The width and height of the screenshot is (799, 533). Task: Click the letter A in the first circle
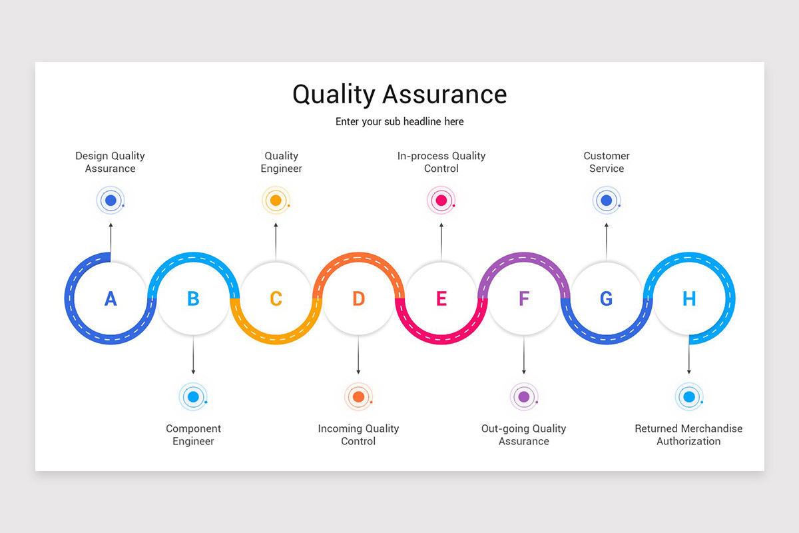111,298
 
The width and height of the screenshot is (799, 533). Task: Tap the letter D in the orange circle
358,298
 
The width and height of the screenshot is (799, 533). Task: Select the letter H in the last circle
689,298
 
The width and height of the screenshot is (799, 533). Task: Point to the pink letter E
441,298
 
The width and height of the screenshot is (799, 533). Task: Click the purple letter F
524,298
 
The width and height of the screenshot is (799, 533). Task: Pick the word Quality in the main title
334,95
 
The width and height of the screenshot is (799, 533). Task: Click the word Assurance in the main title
445,95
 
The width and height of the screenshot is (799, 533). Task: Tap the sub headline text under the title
400,121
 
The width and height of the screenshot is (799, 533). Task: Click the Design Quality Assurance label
110,162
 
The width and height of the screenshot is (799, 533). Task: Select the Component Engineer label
193,434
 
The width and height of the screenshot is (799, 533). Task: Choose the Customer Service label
607,162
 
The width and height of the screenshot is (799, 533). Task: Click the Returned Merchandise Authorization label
688,434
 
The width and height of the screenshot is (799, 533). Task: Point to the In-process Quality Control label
441,162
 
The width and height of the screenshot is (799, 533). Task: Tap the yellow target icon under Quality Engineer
276,200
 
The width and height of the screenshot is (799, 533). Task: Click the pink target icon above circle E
441,200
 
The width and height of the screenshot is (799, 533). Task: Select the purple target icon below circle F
524,397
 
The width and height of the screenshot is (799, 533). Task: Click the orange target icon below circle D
358,397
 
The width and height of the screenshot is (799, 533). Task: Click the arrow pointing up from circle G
607,241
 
